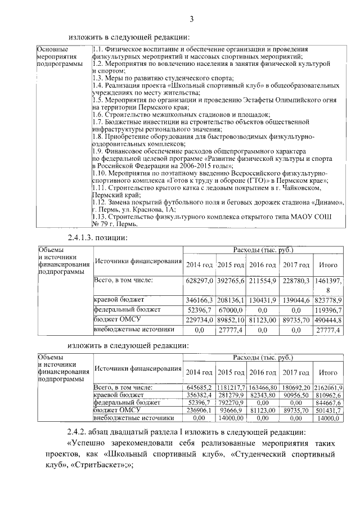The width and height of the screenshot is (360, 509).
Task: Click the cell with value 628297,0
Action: tap(200, 280)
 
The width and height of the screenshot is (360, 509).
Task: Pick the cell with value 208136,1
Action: tap(232, 300)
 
